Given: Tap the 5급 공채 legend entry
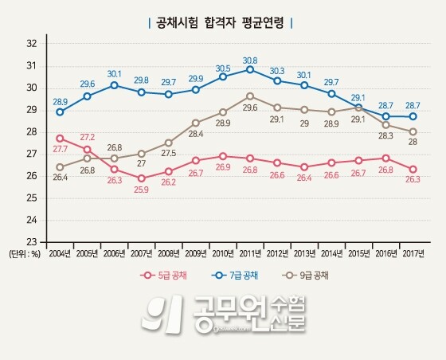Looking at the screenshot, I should coord(164,276).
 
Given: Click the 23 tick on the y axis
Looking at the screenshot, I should coord(31,241).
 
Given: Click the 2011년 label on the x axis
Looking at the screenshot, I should coord(250,253).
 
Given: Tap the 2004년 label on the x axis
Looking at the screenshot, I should coord(61,253).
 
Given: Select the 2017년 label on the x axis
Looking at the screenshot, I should coord(412,253).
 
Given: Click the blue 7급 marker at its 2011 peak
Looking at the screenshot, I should coord(250,69).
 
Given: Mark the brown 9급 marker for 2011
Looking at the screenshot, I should coord(250,96).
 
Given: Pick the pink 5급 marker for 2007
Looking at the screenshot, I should coord(142,178).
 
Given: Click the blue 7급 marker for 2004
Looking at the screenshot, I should coord(61,112).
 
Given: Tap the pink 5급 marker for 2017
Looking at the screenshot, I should coord(413,169).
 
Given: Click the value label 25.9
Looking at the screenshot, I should coord(142,190).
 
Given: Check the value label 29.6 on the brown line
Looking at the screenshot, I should coord(250,108).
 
